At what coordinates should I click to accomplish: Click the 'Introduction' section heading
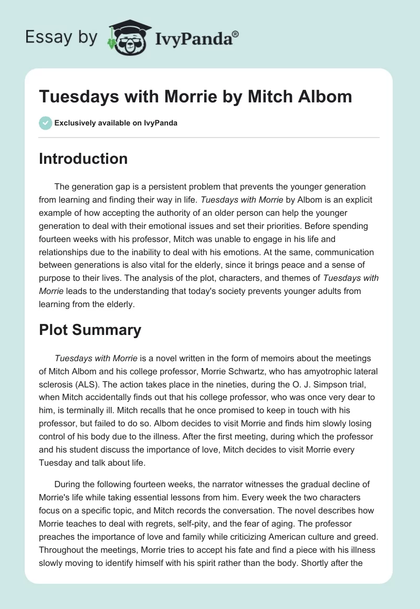[x=83, y=159]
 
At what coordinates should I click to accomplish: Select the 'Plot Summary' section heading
[x=90, y=330]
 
